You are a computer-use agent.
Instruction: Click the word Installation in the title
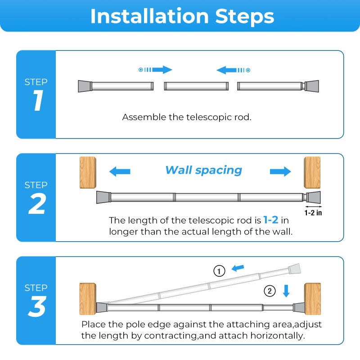coord(149,16)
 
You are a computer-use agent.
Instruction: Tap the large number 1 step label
coord(38,100)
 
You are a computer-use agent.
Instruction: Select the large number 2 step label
coord(37,203)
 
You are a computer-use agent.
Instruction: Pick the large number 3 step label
coord(37,306)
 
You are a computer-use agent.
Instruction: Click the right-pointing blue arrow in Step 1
coord(155,70)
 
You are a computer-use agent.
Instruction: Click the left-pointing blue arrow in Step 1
coord(233,70)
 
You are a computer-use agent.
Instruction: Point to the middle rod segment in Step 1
coord(196,86)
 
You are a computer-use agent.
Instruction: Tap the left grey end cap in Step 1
coord(85,86)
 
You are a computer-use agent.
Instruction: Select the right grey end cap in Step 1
coord(312,86)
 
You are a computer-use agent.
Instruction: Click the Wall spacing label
coord(204,170)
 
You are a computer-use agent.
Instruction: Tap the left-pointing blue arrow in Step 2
coord(120,171)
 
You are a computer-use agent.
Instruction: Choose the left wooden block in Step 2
coord(88,173)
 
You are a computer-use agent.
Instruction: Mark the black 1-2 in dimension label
coord(313,213)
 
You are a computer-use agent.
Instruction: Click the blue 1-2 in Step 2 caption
coord(271,220)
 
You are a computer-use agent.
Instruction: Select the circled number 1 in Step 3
coord(219,271)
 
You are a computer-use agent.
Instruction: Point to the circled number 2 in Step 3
coord(270,291)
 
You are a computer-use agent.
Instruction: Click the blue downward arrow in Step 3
coord(286,291)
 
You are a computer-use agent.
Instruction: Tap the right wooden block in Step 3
coord(312,299)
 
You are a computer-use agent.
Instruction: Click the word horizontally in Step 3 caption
coord(278,336)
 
